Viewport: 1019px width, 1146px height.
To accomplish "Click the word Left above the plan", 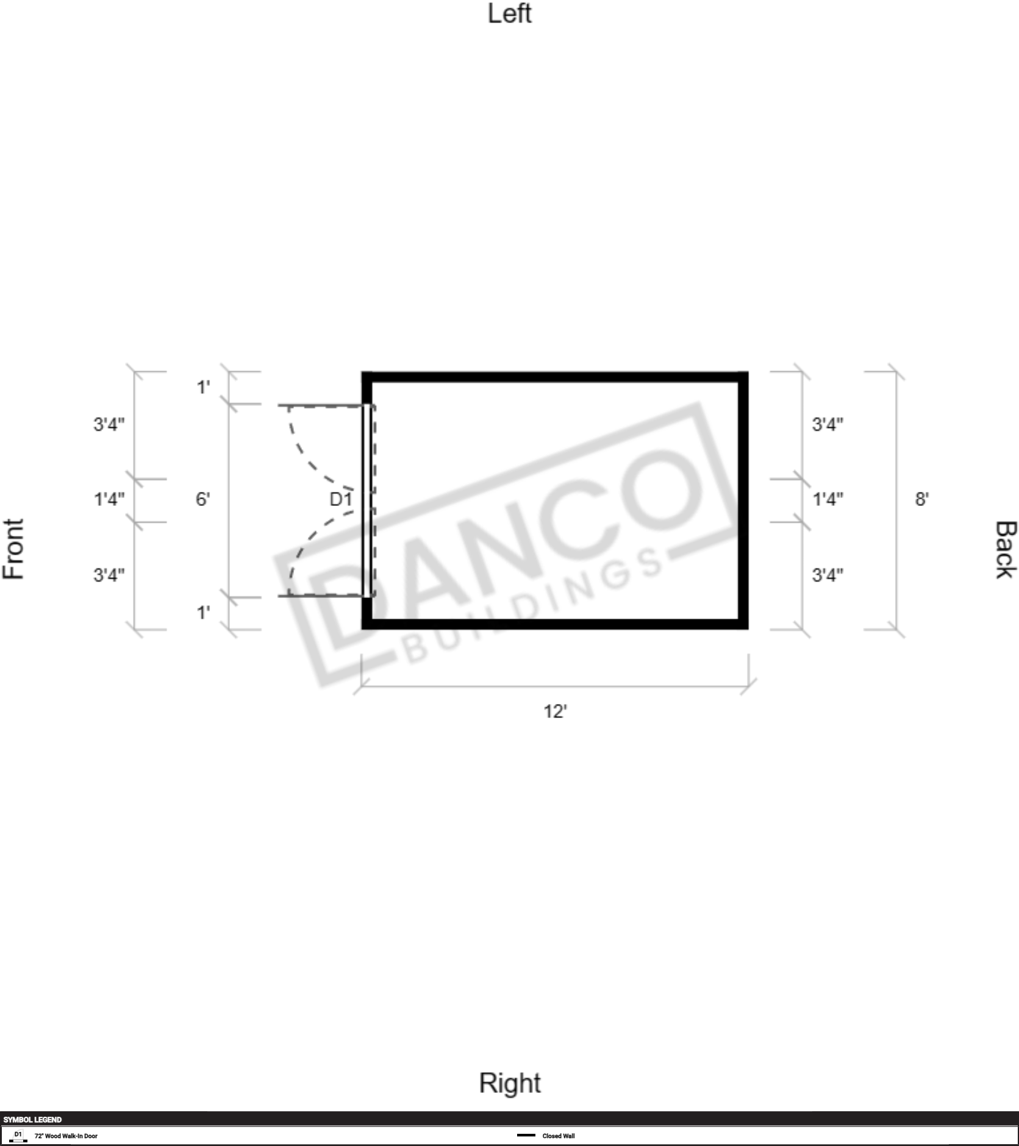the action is pos(509,13).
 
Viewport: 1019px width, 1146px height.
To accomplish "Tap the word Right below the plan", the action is pos(510,1083).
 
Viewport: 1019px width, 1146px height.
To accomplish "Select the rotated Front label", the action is pos(13,549).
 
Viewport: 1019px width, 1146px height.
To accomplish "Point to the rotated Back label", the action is pos(1006,550).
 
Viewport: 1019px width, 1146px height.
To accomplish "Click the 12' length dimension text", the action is pos(555,711).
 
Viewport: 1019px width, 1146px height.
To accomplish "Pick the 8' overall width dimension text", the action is pos(921,499).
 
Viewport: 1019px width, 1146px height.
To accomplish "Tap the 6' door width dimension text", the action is pos(202,499).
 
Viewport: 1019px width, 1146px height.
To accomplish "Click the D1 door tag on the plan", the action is pos(341,499).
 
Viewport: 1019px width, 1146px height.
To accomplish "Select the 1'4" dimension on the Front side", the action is pos(109,499).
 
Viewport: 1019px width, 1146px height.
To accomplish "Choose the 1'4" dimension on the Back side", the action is pos(828,499).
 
